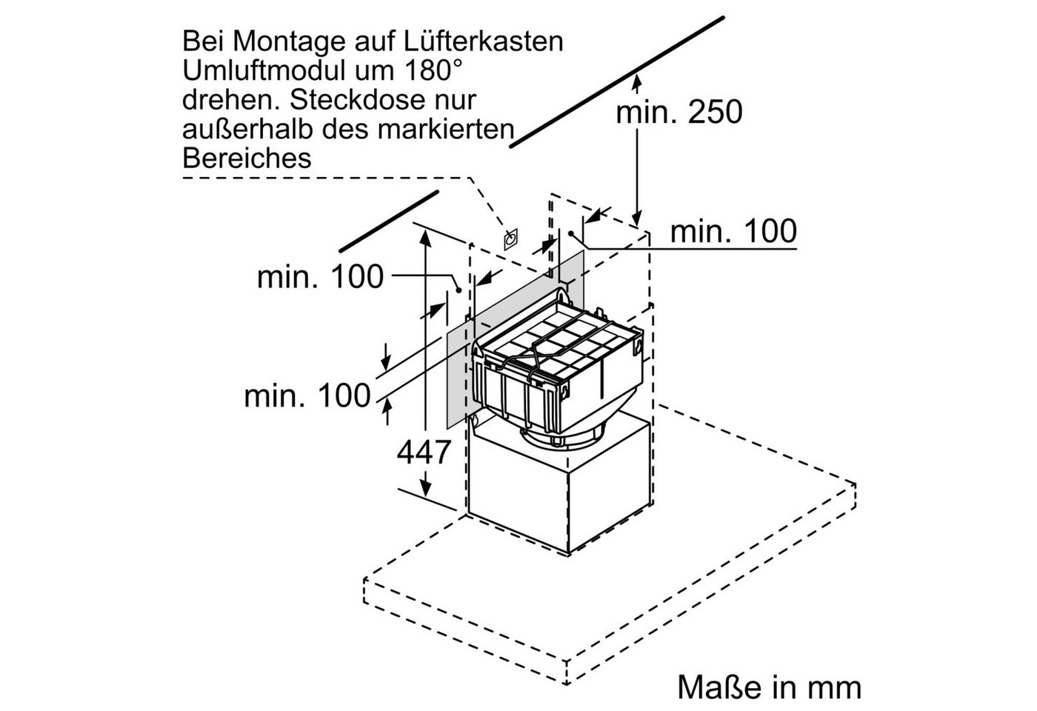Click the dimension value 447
423,453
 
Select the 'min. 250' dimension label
678,112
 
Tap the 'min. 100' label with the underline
733,231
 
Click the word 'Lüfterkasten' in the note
483,41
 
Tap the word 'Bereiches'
247,158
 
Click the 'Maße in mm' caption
769,687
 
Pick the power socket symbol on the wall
510,239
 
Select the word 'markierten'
446,129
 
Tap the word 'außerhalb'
247,129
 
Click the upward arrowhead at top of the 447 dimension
424,238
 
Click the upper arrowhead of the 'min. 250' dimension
637,83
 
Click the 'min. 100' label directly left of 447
307,396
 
